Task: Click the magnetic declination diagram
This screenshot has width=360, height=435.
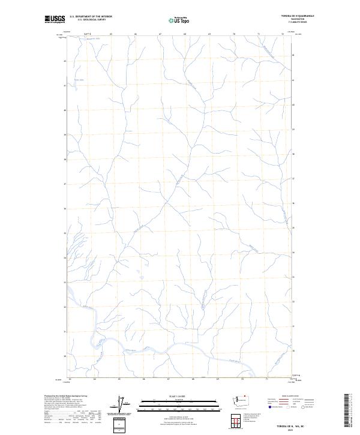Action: tap(122, 405)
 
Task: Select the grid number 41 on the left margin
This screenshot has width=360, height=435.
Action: tap(65, 86)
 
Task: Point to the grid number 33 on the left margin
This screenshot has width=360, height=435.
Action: tap(65, 283)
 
